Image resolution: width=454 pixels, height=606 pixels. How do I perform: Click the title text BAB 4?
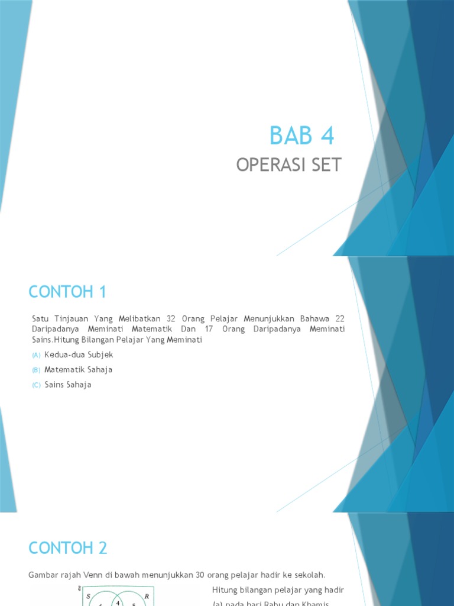tap(301, 136)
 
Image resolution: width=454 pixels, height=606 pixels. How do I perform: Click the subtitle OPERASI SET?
tap(288, 165)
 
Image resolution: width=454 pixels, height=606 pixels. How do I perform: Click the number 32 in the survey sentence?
tap(171, 319)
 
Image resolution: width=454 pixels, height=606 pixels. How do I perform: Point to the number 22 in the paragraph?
tap(339, 319)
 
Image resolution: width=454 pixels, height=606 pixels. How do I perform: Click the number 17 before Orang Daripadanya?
tap(209, 329)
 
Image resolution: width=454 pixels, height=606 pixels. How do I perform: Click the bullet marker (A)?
tap(36, 355)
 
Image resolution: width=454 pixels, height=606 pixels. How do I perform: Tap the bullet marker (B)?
tap(36, 370)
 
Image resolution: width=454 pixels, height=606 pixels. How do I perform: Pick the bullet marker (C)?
tap(36, 385)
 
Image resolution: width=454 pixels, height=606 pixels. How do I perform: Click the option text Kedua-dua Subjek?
tap(79, 354)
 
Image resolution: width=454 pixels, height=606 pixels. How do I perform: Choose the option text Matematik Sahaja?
tap(78, 369)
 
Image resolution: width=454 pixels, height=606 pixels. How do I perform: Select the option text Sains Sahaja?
tap(68, 385)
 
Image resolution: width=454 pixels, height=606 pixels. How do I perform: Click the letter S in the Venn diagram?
tap(88, 597)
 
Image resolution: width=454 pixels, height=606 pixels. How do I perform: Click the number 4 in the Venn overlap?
tap(118, 602)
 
